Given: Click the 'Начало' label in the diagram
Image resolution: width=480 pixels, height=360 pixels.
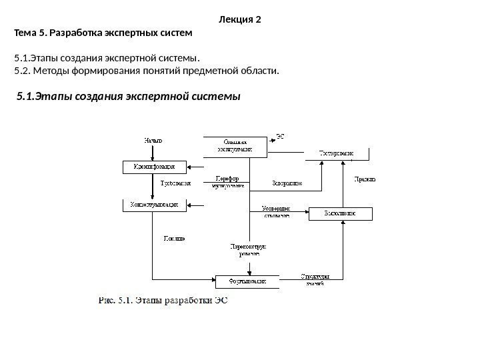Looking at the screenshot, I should pos(153,141).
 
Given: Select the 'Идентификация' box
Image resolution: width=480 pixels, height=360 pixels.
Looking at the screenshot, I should pos(153,166).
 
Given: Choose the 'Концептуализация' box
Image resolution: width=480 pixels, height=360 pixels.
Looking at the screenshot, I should pos(153,205).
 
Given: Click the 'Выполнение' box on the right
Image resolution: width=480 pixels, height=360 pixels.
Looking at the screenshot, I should pos(340,214).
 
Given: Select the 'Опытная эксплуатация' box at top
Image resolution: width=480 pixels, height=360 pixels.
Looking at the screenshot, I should pos(235,146).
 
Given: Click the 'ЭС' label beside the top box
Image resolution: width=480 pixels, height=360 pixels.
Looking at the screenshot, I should pos(281,136).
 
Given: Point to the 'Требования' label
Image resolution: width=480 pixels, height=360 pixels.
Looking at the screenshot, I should pos(176,182).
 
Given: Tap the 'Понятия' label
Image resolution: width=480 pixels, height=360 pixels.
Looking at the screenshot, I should pos(175,238).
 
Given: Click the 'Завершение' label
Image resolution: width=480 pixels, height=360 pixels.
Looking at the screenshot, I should pos(288,182).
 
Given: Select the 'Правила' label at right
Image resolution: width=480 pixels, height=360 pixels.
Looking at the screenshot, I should pos(364,179).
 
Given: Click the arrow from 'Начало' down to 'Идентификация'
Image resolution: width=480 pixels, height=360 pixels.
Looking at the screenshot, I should pos(153,153).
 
